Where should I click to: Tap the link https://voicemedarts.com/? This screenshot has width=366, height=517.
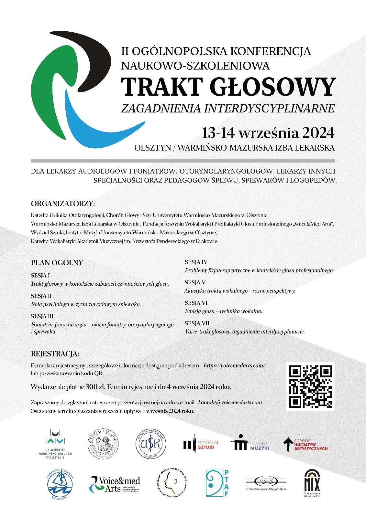point(234,365)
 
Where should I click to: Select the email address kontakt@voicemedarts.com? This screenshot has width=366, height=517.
point(230,402)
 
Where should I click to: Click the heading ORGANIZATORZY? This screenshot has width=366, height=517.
point(63,204)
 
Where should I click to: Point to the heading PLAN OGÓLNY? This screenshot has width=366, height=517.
point(57,263)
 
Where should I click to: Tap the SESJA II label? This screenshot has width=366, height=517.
point(41,296)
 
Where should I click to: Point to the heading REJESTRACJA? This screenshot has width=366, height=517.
point(55,354)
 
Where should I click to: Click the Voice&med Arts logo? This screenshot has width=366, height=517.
point(115,484)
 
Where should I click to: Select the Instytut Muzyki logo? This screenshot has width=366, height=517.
point(250,444)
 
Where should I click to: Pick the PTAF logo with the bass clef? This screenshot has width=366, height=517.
point(217,483)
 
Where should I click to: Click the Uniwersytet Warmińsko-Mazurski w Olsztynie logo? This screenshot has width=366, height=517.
point(55,444)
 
